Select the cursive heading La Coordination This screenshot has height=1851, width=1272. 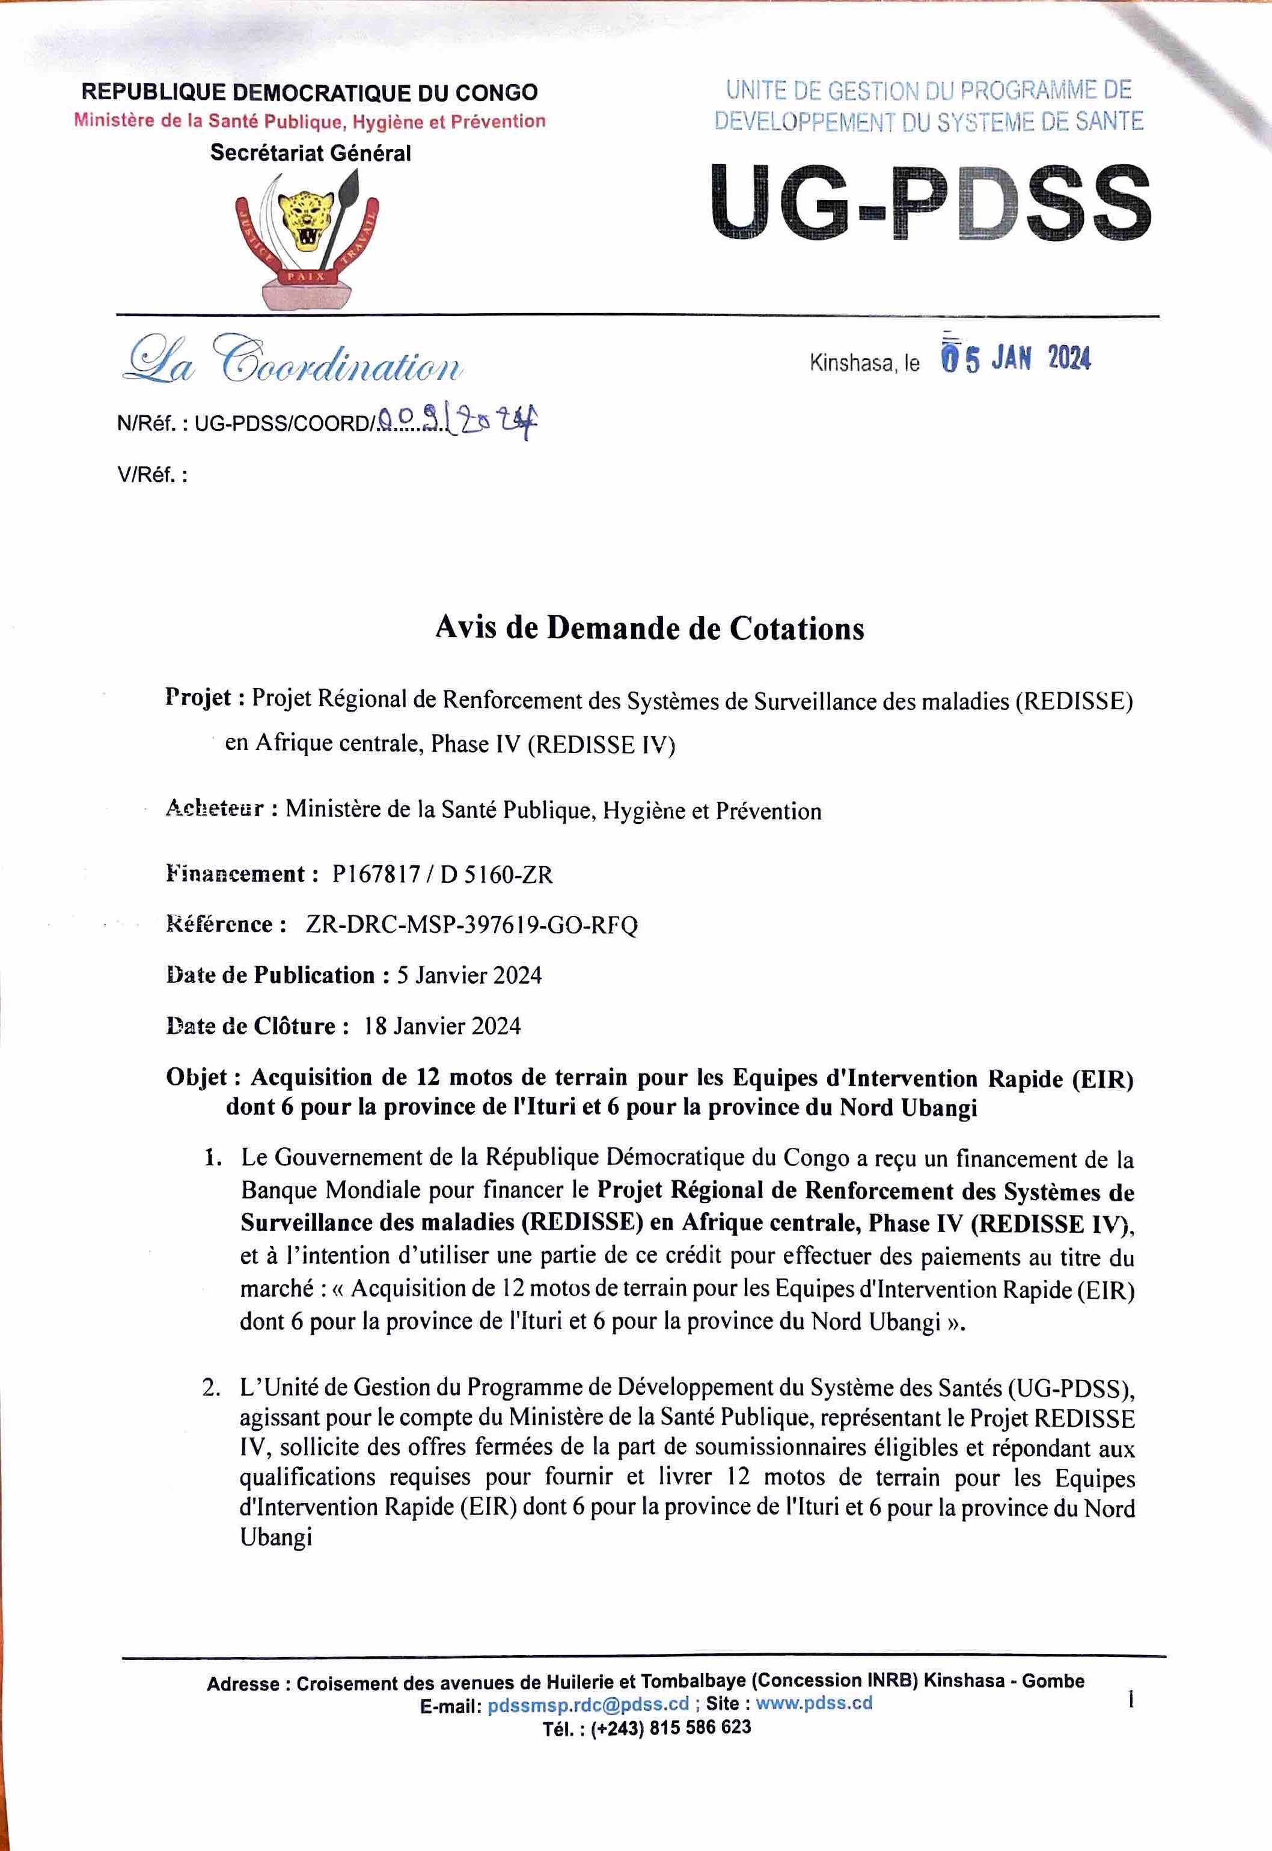pos(290,362)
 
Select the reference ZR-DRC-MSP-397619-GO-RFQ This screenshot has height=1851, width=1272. pos(471,925)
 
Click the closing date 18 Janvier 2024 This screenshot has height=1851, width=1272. pos(442,1025)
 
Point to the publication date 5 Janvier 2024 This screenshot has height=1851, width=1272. pos(469,975)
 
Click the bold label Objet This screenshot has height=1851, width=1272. pos(196,1078)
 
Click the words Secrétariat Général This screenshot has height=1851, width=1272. pos(310,153)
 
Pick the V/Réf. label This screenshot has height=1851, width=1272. pos(152,477)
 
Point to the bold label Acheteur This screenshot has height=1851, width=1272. pos(213,810)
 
